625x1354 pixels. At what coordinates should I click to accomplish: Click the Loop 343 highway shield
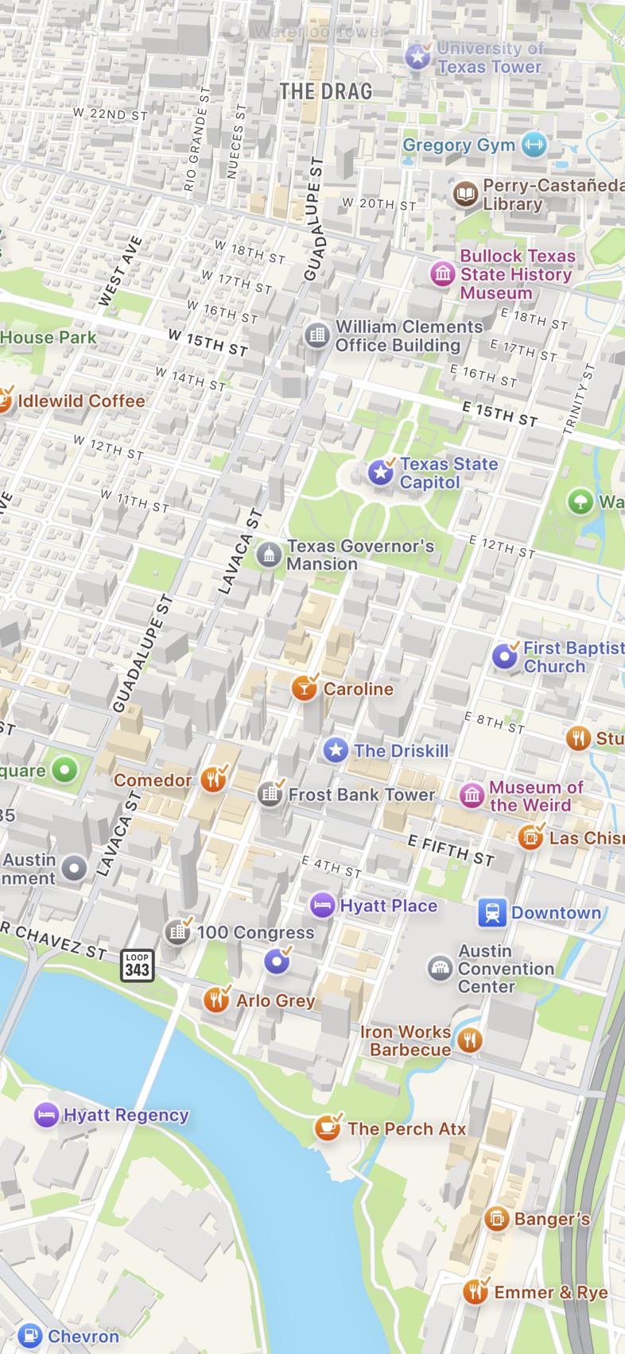click(x=137, y=965)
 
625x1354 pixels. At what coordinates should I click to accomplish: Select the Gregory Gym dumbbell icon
click(x=533, y=145)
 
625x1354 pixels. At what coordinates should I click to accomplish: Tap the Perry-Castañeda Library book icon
click(x=465, y=194)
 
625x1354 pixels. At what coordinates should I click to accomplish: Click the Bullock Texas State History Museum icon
click(x=443, y=274)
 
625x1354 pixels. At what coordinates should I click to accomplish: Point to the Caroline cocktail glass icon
click(x=304, y=688)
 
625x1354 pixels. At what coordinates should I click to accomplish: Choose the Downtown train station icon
click(x=492, y=913)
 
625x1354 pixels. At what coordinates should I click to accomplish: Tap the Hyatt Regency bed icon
click(x=47, y=1115)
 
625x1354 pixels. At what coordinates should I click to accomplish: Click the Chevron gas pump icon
click(x=29, y=1336)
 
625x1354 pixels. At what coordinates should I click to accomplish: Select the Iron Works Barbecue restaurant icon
click(x=470, y=1040)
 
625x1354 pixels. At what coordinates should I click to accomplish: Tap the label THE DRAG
click(x=325, y=91)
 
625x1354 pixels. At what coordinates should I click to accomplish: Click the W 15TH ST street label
click(x=208, y=342)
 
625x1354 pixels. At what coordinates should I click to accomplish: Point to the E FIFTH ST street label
click(x=450, y=850)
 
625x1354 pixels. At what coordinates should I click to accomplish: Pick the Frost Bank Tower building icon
click(x=270, y=794)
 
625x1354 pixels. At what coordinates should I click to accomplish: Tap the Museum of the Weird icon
click(x=472, y=795)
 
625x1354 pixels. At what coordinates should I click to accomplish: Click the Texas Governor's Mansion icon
click(x=269, y=555)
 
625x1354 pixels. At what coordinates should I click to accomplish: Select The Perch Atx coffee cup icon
click(x=327, y=1128)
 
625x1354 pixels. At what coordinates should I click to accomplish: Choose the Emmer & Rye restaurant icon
click(x=476, y=1292)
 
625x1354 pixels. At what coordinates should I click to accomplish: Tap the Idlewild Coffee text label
click(x=81, y=400)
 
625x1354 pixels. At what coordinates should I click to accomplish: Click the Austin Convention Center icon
click(x=439, y=969)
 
